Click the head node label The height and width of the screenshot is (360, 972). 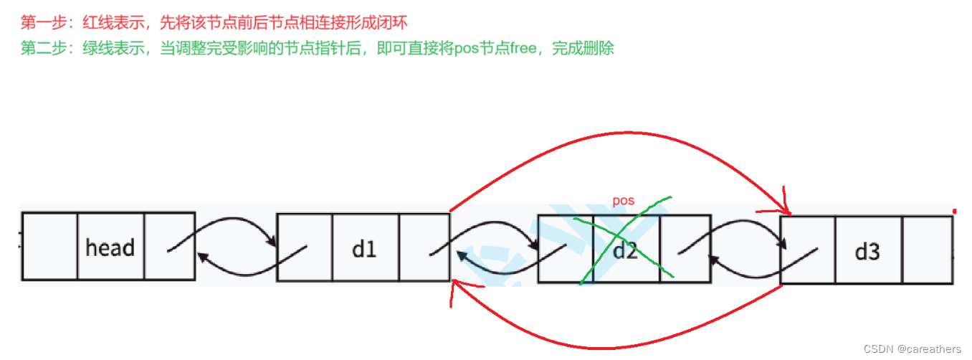110,247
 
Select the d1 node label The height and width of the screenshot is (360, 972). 364,249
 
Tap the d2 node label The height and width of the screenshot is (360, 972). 625,251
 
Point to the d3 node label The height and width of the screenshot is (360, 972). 867,252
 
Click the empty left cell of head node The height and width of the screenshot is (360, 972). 49,245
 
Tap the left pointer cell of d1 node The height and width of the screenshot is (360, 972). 304,247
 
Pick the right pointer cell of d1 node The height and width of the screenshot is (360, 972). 424,247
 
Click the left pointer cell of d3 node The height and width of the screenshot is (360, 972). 808,250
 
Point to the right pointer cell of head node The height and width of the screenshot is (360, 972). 169,245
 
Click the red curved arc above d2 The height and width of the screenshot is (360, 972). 616,136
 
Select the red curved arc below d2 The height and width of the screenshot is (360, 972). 616,346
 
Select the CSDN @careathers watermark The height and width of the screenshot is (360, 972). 912,349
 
